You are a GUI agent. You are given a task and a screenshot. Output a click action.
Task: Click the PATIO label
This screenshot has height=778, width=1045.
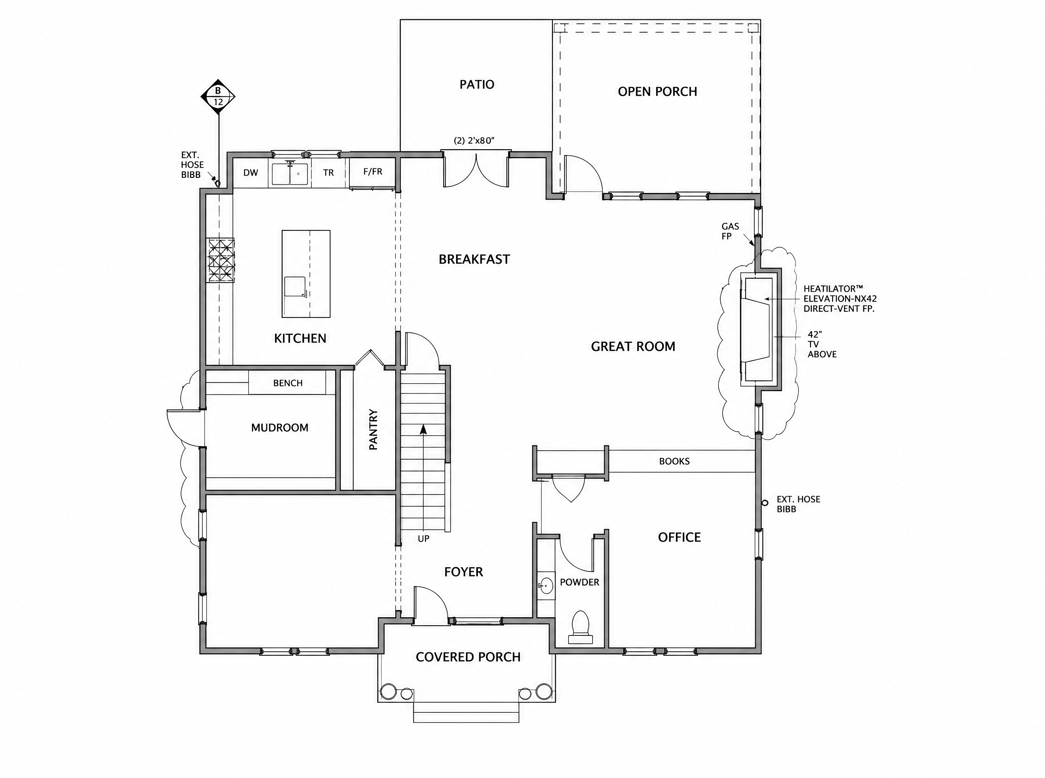(476, 85)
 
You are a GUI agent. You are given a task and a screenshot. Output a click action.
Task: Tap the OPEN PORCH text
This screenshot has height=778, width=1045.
(657, 91)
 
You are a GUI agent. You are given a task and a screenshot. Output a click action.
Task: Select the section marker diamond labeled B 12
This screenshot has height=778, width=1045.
(218, 97)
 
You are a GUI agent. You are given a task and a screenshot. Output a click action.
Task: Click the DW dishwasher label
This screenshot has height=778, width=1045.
(250, 173)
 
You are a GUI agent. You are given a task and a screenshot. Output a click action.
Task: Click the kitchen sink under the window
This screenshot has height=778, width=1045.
(290, 174)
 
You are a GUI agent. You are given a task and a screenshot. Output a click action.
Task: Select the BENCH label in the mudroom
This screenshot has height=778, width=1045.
(288, 383)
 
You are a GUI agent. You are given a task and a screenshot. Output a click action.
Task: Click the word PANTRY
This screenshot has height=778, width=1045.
(373, 430)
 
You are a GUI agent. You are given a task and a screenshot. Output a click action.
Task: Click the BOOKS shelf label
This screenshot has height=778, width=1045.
(675, 462)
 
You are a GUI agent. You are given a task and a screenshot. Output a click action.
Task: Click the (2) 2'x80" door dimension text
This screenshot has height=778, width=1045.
(474, 141)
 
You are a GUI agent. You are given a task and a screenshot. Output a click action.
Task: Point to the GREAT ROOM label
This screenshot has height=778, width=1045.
(633, 347)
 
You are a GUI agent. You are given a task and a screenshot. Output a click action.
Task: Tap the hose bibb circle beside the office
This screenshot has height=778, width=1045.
(765, 503)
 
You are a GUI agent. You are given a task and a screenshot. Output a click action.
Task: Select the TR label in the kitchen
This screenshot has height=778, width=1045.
(328, 173)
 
